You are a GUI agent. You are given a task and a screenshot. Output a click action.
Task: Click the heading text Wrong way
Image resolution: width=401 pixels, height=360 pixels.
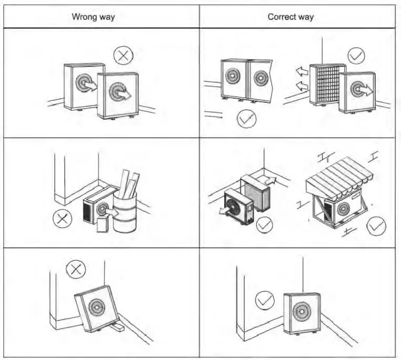(x=93, y=17)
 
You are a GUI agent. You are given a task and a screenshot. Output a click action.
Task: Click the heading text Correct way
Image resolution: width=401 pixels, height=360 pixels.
(x=290, y=17)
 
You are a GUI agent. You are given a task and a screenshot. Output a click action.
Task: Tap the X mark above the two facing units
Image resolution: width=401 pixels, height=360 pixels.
(x=123, y=55)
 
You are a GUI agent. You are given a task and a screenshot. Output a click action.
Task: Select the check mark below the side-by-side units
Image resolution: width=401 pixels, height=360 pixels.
(x=247, y=120)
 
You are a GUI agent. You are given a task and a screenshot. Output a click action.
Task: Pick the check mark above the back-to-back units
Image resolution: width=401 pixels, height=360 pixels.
(x=356, y=55)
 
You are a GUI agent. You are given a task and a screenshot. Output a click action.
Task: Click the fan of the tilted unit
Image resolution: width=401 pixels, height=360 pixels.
(x=97, y=308)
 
